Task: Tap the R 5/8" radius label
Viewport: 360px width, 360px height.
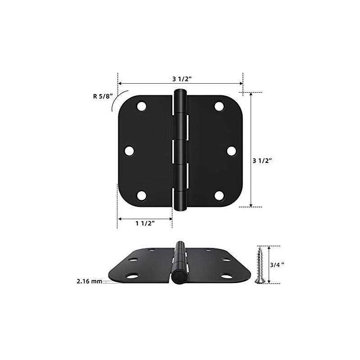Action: coord(101,96)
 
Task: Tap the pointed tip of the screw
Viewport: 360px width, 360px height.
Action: coord(259,247)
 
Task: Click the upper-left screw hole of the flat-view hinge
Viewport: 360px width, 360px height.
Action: coord(141,106)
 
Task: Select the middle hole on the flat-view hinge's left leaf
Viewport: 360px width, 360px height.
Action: coord(129,151)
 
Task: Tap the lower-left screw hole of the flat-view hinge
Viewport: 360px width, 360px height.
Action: coord(141,195)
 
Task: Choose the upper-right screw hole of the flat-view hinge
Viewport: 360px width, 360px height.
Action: coord(219,106)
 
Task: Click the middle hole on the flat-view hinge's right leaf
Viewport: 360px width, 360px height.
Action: coord(231,151)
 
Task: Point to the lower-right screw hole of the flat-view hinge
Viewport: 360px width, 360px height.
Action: coord(219,195)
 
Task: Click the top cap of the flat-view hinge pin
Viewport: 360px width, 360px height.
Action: coord(180,93)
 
